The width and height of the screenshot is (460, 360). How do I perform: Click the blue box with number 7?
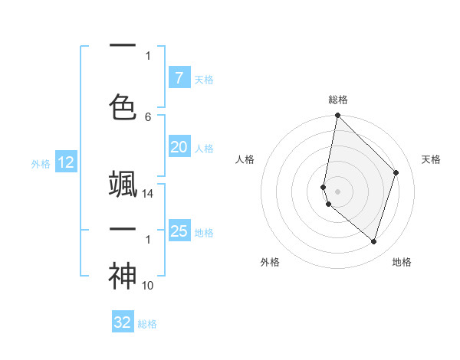pos(179,78)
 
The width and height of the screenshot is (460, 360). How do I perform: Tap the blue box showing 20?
pos(179,147)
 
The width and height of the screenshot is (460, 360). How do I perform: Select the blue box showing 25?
pos(179,231)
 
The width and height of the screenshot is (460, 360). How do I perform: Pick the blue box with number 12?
pos(65,162)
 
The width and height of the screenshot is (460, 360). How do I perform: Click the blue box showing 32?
pos(123,322)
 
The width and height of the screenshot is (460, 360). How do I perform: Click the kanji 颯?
pos(123,184)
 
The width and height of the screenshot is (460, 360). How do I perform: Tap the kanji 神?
pos(123,277)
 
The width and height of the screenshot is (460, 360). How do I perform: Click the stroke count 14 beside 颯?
pos(149,194)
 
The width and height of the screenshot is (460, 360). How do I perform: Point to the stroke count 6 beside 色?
pos(148,116)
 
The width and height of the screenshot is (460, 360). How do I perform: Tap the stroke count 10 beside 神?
pos(149,286)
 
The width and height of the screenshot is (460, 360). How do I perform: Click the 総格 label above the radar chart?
pos(338,100)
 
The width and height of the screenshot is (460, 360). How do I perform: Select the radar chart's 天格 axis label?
pos(432,159)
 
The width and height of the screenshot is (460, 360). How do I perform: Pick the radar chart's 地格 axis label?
pos(402,262)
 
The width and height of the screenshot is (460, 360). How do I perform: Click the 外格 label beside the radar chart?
pos(270,262)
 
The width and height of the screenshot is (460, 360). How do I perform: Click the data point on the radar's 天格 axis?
pos(396,172)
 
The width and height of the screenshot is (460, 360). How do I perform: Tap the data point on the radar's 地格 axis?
pos(373,241)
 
